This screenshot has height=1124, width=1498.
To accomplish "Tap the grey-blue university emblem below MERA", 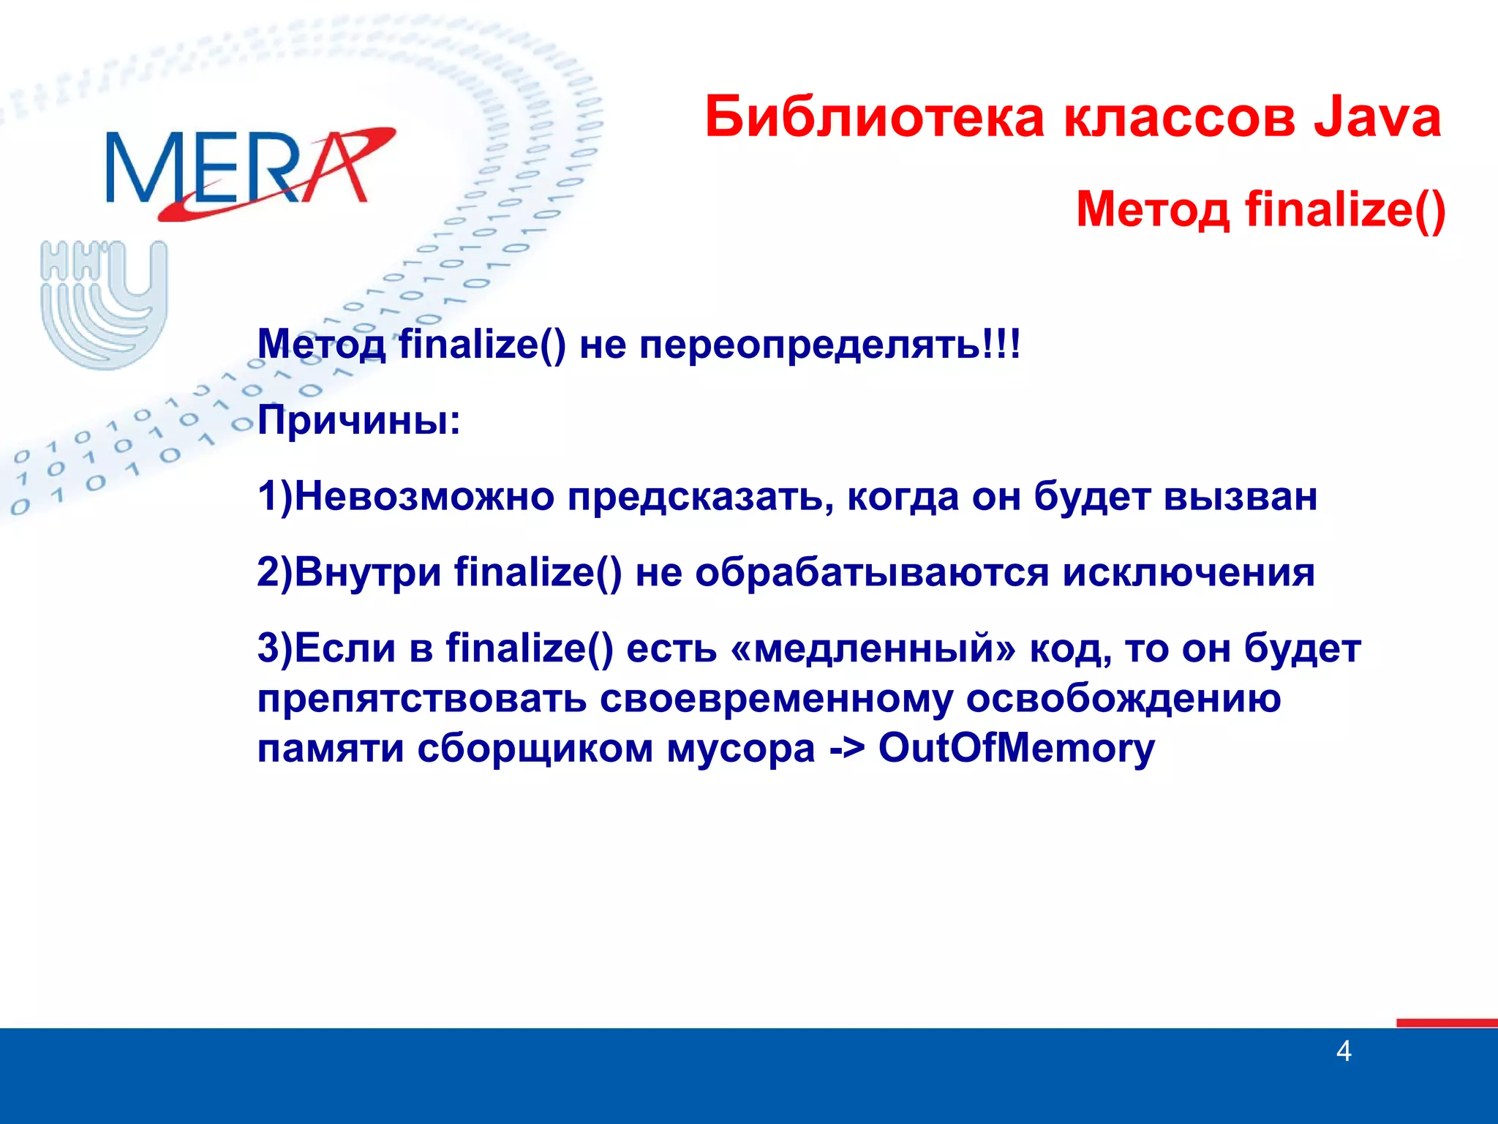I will (x=104, y=303).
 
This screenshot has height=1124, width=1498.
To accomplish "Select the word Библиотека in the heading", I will (x=875, y=117).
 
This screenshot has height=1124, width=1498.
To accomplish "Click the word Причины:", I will (x=359, y=421).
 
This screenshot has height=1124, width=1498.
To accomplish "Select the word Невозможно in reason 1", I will (x=424, y=496).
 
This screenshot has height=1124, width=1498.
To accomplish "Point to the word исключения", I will (x=1188, y=572).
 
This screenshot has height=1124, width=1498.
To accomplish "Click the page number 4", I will (x=1343, y=1052).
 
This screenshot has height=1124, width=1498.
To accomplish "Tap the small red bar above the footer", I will (x=1446, y=1022).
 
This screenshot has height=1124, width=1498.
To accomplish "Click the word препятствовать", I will (x=421, y=700).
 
